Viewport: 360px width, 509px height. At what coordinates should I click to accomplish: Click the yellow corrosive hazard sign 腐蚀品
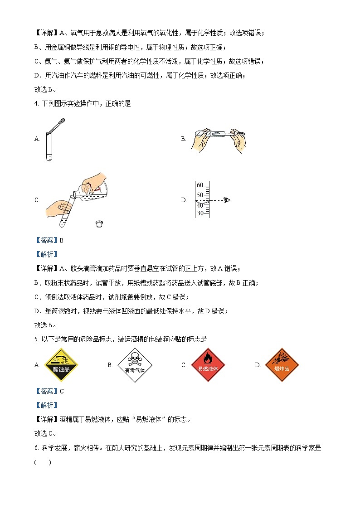click(61, 365)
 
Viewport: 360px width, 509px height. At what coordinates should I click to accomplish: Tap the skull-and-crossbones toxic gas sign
click(135, 365)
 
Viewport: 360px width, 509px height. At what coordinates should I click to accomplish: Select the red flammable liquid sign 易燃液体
click(208, 365)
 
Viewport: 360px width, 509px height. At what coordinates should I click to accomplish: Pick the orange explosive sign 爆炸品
click(282, 365)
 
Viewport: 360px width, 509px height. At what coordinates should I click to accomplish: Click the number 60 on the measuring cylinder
click(200, 185)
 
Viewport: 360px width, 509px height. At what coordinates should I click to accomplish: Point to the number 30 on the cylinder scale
click(200, 213)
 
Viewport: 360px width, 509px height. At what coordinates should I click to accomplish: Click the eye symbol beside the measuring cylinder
click(227, 200)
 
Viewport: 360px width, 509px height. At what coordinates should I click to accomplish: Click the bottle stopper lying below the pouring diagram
click(99, 223)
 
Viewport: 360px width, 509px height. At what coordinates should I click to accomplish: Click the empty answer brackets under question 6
click(43, 462)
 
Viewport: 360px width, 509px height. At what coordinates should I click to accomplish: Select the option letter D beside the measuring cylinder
click(184, 200)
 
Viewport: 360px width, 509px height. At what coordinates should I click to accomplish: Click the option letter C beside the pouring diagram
click(37, 200)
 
